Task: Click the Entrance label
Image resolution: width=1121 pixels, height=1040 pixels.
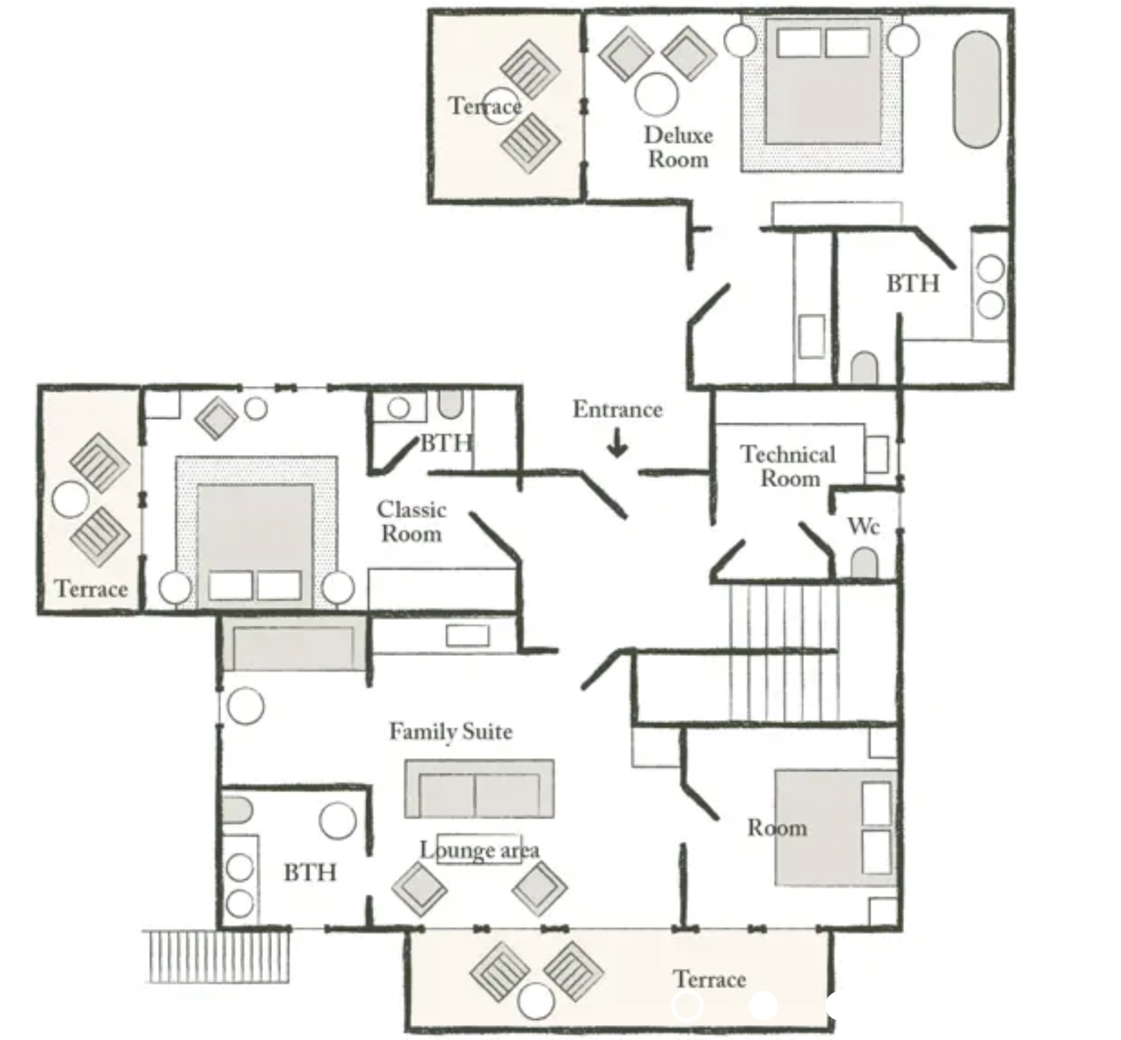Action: pyautogui.click(x=617, y=410)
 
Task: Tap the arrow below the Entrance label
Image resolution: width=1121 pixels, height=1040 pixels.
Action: pyautogui.click(x=617, y=443)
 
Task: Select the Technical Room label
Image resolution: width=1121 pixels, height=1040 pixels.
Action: pyautogui.click(x=788, y=466)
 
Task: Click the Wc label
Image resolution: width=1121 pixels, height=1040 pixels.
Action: pyautogui.click(x=864, y=526)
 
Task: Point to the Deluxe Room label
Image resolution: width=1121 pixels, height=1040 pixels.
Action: pyautogui.click(x=678, y=147)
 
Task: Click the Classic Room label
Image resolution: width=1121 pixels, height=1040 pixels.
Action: pyautogui.click(x=411, y=522)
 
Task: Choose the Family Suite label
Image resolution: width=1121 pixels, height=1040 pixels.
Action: pyautogui.click(x=451, y=732)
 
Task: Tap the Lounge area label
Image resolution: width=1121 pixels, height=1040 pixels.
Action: pyautogui.click(x=479, y=850)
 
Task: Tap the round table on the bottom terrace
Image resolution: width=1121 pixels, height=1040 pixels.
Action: pyautogui.click(x=536, y=1001)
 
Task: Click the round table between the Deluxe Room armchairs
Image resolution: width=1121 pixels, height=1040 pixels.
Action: pyautogui.click(x=656, y=94)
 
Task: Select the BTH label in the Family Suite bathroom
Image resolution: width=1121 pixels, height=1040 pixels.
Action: pyautogui.click(x=310, y=873)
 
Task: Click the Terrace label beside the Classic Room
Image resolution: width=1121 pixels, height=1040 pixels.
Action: pyautogui.click(x=91, y=589)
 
